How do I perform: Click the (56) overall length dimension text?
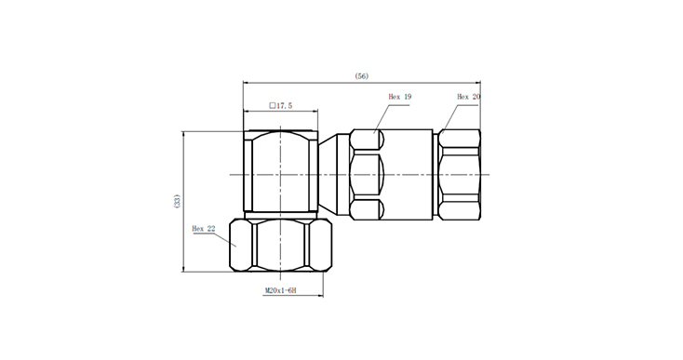pyautogui.click(x=362, y=76)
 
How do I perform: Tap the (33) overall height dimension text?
pyautogui.click(x=177, y=201)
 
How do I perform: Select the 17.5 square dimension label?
pyautogui.click(x=281, y=105)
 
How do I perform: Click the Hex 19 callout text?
pyautogui.click(x=400, y=97)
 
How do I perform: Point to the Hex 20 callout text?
pyautogui.click(x=469, y=97)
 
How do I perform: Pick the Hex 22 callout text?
pyautogui.click(x=204, y=229)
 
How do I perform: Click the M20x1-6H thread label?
pyautogui.click(x=281, y=290)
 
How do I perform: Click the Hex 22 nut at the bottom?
pyautogui.click(x=280, y=246)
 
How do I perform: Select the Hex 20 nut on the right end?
pyautogui.click(x=459, y=175)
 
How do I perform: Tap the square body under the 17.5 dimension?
pyautogui.click(x=280, y=171)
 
